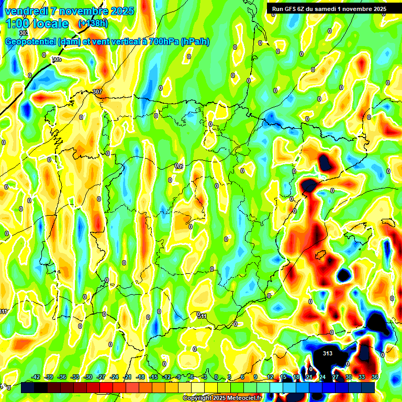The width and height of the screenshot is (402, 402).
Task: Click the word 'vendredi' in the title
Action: click(x=26, y=11)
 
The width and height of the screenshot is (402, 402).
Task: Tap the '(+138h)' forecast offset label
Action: click(x=93, y=24)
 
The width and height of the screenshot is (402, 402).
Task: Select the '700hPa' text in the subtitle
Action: click(x=164, y=42)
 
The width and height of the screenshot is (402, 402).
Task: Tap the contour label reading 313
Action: click(x=327, y=353)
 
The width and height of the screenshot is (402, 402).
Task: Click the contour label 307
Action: click(x=97, y=92)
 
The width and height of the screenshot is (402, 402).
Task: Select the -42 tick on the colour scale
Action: click(x=36, y=377)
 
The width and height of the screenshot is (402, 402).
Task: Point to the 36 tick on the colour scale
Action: click(x=375, y=377)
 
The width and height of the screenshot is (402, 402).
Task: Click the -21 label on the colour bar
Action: click(x=127, y=377)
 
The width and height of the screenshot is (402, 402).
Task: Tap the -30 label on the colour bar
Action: click(x=88, y=377)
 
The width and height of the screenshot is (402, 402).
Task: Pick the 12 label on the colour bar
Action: click(x=270, y=377)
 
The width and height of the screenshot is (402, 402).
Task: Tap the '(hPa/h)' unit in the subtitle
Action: click(x=195, y=42)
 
